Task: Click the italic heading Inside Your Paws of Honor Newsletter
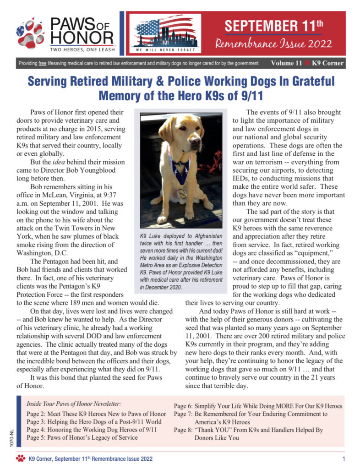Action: click(74, 404)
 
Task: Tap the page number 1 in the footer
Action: click(344, 458)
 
